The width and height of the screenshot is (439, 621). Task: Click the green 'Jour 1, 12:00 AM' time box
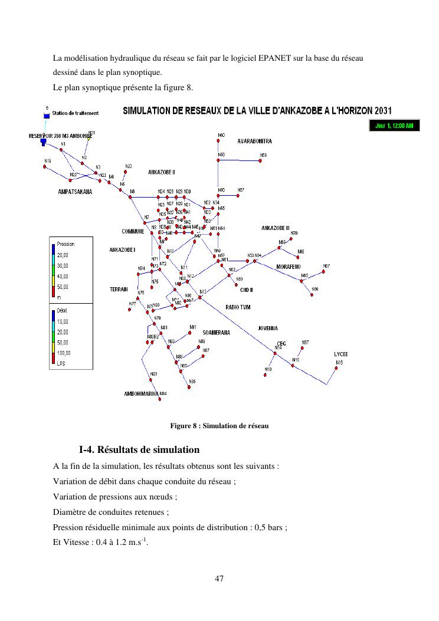click(394, 126)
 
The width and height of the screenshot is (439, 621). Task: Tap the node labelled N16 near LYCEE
click(338, 369)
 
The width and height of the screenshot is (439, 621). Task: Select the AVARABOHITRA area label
click(254, 142)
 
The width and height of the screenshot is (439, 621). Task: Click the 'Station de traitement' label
click(75, 113)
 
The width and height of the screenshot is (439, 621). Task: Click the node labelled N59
click(263, 160)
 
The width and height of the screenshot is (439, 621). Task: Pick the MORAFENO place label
click(289, 267)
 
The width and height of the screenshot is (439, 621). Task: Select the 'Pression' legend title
click(65, 244)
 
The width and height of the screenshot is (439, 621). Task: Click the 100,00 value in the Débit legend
click(63, 353)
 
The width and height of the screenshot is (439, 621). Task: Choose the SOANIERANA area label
click(216, 333)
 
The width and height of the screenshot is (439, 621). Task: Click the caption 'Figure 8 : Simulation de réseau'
click(219, 426)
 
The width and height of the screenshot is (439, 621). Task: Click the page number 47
click(219, 579)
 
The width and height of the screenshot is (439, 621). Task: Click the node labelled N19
click(44, 166)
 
